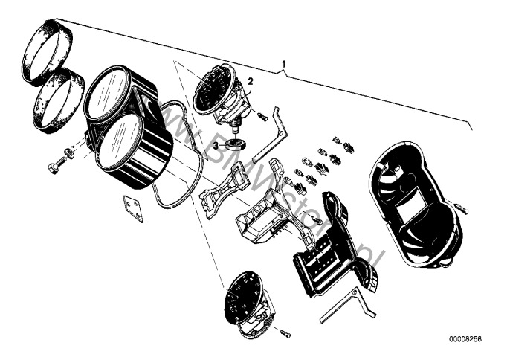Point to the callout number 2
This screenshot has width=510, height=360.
point(251,80)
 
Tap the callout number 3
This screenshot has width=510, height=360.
point(216,146)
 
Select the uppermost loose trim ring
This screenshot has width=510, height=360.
point(48,51)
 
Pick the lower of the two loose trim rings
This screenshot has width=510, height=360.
point(57,100)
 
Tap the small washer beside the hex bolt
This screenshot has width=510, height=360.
point(69,153)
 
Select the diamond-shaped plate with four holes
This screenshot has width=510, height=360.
point(134,208)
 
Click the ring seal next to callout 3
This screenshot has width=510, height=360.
point(237,144)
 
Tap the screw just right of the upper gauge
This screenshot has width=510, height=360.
point(262,116)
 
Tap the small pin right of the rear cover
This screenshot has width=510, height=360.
point(460,209)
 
